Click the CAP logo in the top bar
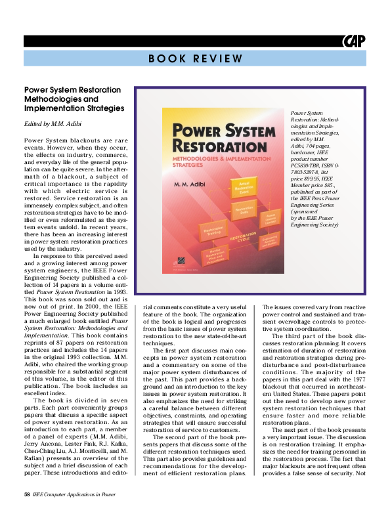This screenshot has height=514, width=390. tap(353, 41)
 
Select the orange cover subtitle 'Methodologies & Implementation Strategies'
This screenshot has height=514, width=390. tap(201, 162)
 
